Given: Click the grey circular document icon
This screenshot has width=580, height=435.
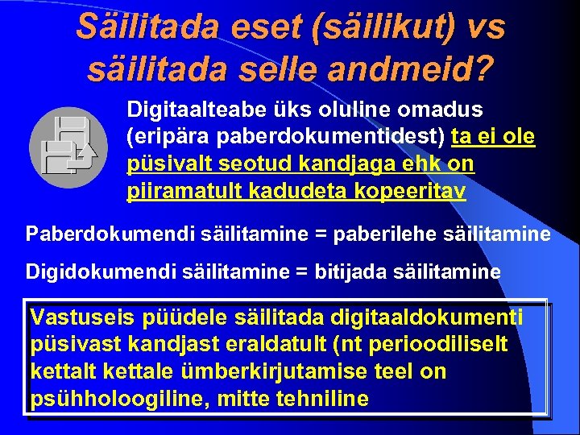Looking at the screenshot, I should point(68,147).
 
